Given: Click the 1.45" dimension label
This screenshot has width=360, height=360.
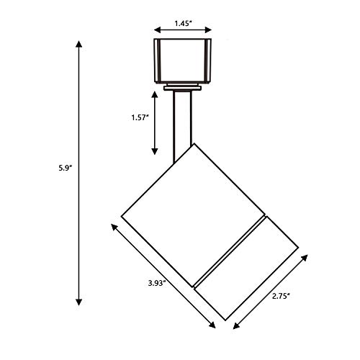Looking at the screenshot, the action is [x=183, y=24].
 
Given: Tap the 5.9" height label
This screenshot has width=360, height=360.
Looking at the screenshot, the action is [x=66, y=168].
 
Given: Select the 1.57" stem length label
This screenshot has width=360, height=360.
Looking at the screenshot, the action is [x=140, y=117].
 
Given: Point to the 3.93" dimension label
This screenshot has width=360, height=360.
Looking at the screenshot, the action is [x=157, y=283].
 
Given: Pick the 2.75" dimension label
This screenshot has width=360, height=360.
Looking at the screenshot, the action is [x=282, y=296].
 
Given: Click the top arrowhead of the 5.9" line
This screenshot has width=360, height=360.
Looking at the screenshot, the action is [x=78, y=44].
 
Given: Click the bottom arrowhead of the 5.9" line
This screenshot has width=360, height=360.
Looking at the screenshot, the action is [x=78, y=302].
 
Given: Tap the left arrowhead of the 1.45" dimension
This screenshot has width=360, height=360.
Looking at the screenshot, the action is [x=158, y=30].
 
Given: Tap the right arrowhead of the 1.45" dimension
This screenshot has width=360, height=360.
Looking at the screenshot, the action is [x=208, y=30].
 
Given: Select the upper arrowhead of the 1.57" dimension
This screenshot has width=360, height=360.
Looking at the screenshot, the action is [x=155, y=94].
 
